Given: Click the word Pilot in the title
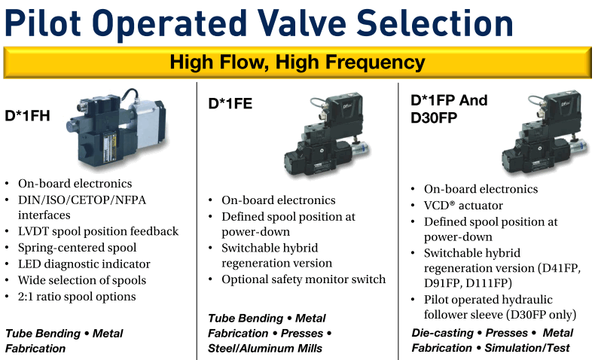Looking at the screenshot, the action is pos(42,23).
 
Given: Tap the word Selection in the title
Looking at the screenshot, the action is pos(435,23).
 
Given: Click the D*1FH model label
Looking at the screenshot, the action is pos(27,116).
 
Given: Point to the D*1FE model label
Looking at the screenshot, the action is pos(230,104).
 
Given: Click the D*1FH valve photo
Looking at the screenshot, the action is pos(117,128).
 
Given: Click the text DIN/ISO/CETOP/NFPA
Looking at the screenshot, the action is pos(82,200).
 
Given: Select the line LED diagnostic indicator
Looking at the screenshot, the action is pos(84,264).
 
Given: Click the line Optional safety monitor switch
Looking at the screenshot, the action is pos(304,279).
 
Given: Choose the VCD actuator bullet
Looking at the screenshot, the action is pos(463,206).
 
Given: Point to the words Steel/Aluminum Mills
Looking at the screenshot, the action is pos(265,348).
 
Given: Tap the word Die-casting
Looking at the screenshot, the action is pos(442,333).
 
